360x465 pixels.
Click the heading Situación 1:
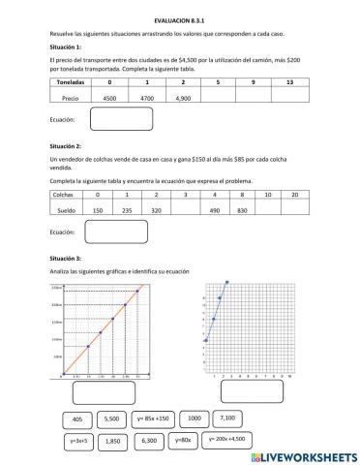click(65, 46)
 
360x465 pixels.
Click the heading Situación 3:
click(65, 259)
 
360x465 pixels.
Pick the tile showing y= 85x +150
click(153, 418)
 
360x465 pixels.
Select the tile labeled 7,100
click(228, 418)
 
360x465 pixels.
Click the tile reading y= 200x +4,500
click(230, 439)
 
